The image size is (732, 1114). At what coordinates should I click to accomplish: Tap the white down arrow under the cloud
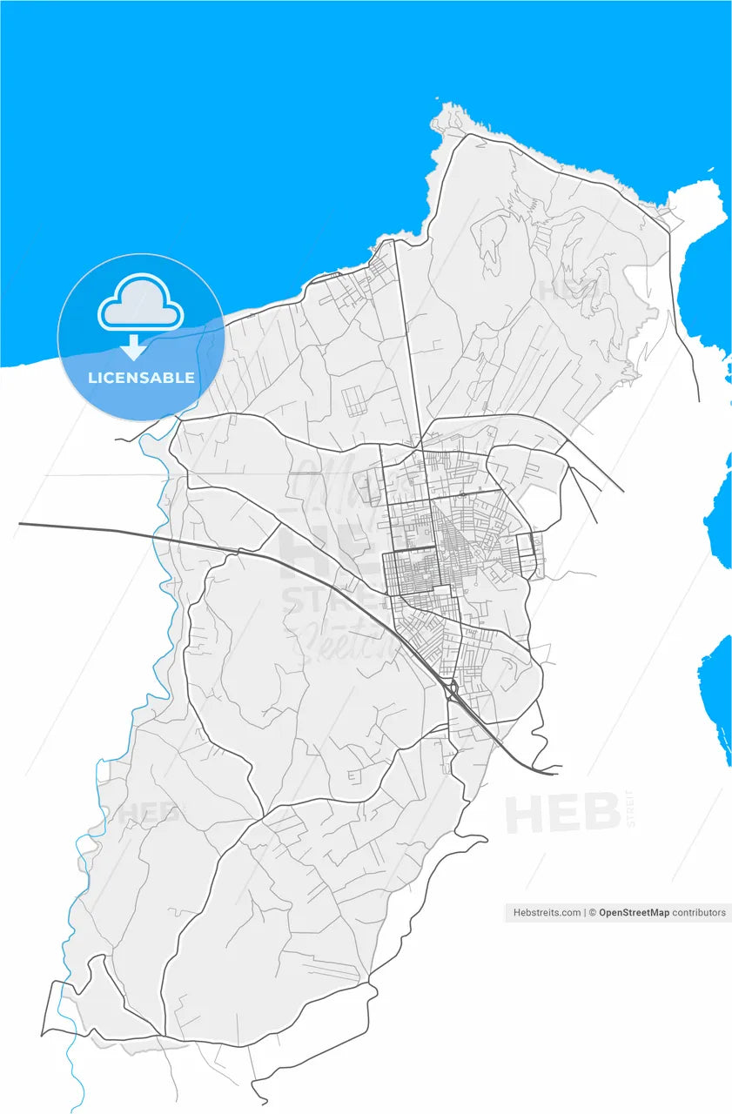133,348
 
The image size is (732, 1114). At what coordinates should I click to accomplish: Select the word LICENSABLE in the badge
141,379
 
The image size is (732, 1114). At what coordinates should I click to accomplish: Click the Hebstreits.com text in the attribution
547,913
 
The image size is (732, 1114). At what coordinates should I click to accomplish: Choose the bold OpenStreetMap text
634,913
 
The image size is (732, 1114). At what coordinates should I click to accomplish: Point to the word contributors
699,913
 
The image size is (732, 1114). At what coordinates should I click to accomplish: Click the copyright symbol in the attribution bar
592,913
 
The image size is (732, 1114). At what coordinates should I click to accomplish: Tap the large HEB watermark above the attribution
562,815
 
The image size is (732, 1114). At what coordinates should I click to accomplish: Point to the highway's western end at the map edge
21,524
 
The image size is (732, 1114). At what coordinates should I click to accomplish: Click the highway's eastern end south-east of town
555,772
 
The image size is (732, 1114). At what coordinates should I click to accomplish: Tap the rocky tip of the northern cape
450,112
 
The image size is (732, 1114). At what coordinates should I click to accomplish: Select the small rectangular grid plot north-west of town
356,401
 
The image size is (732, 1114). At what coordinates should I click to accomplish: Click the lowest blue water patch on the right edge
719,696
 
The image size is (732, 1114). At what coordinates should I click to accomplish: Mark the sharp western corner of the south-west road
42,1035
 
